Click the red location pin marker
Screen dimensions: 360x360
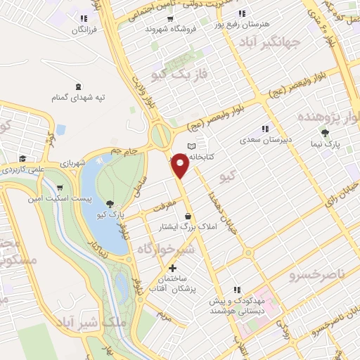tap(181, 166)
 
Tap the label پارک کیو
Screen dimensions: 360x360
tap(110, 213)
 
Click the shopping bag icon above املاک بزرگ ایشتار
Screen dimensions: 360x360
tap(187, 216)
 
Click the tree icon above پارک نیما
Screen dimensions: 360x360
tap(324, 132)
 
